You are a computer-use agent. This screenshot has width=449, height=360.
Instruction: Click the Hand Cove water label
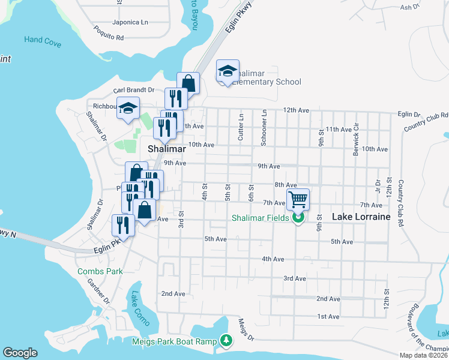[42, 40]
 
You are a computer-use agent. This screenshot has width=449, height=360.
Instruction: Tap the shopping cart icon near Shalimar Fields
[298, 198]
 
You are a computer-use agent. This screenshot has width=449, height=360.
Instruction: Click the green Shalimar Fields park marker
[298, 217]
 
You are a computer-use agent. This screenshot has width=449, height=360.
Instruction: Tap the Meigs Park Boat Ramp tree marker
[226, 341]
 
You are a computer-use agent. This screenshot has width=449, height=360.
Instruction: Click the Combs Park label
[100, 271]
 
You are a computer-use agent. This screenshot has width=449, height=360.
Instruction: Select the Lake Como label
[136, 305]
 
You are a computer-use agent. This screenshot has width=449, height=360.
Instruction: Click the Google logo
[20, 353]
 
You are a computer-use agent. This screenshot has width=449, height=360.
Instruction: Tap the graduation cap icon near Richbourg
[128, 109]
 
